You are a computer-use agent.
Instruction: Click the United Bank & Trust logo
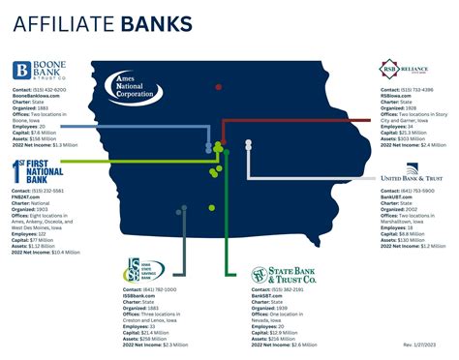click(411, 180)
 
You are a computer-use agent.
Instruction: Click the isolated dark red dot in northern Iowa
click(219, 87)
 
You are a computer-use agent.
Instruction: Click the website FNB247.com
click(29, 195)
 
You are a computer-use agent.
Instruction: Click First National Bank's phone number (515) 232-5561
click(46, 190)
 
